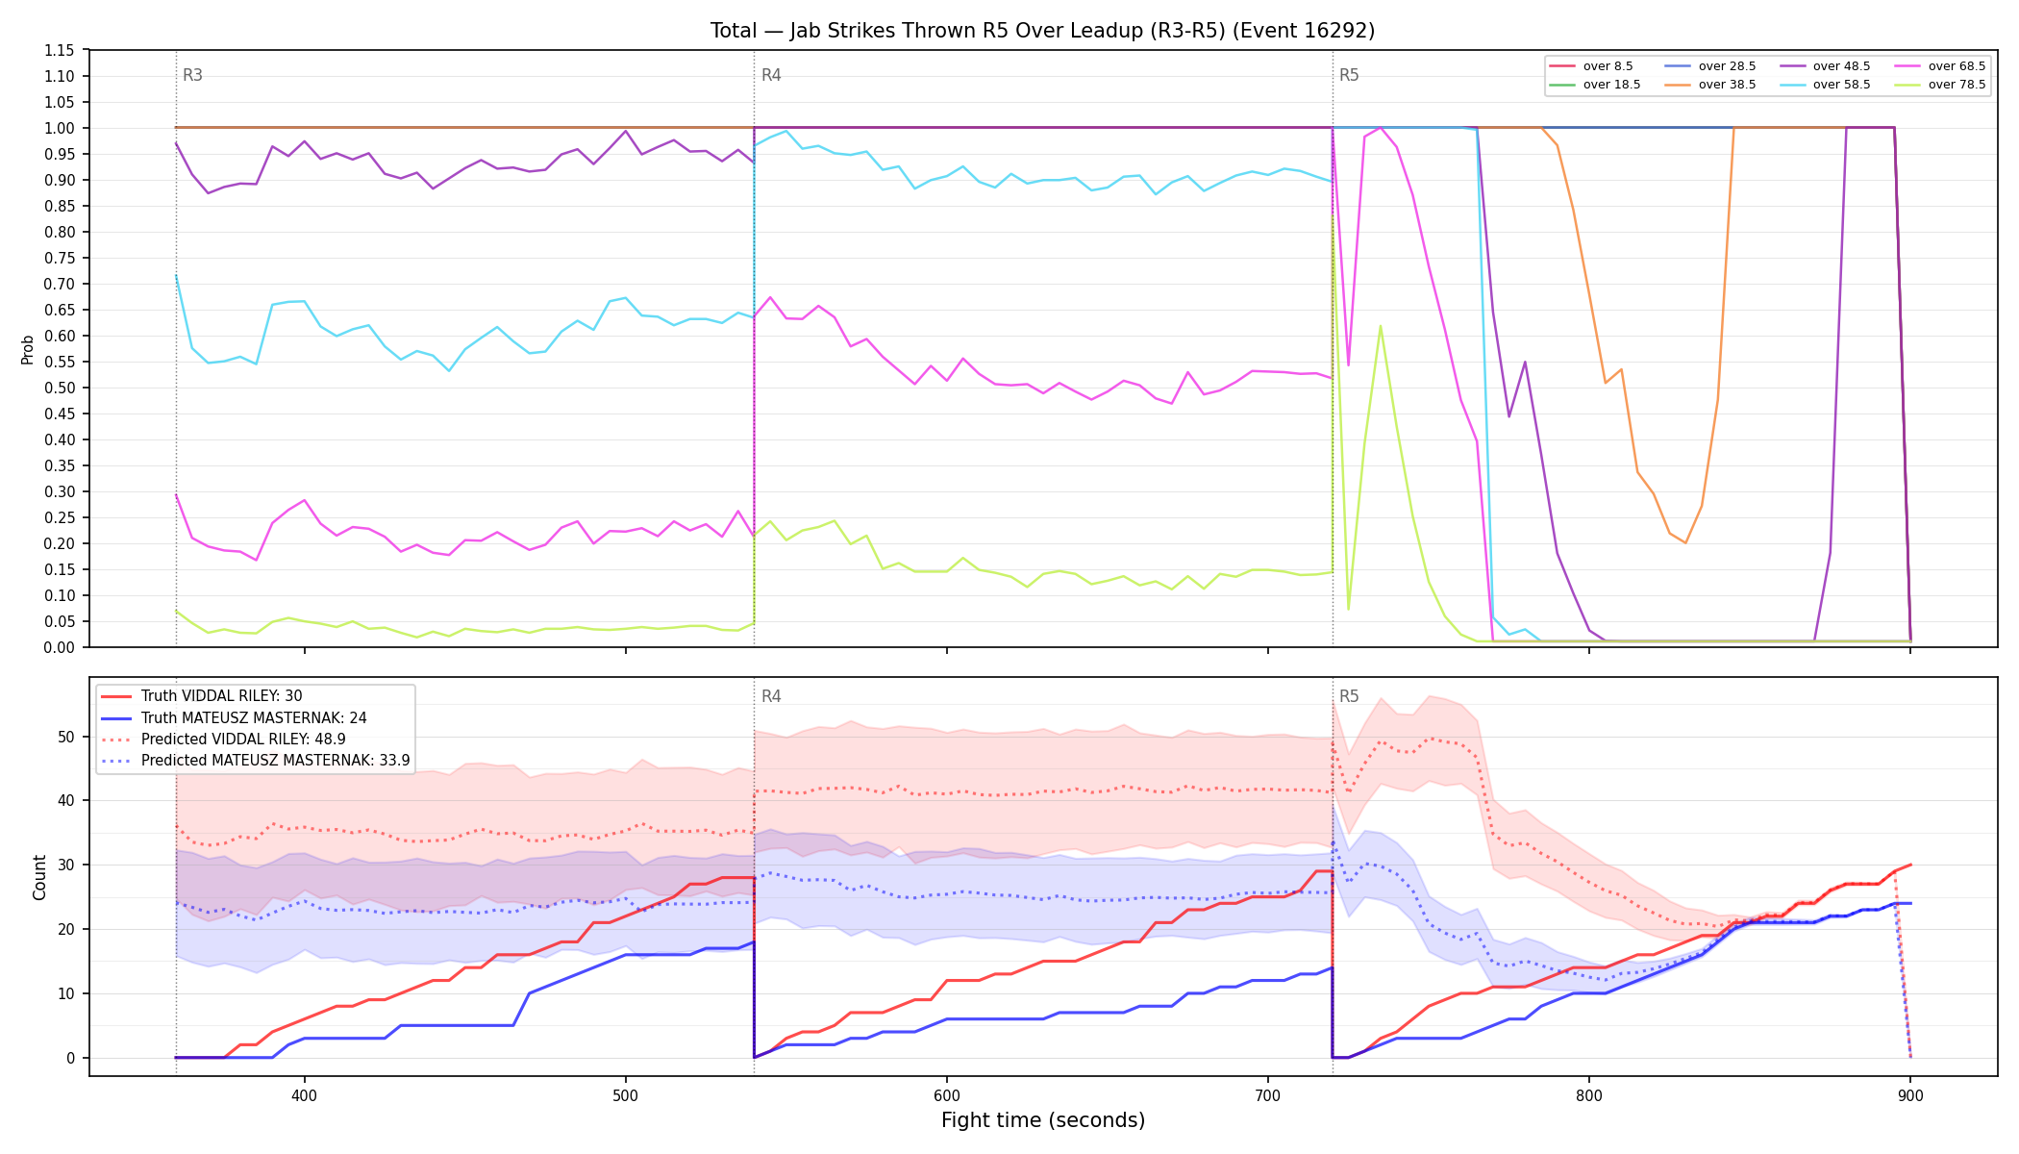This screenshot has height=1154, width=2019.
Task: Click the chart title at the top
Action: tap(1042, 31)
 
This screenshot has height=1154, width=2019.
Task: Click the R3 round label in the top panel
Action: tap(192, 75)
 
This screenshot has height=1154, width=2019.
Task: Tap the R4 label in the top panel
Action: tap(771, 75)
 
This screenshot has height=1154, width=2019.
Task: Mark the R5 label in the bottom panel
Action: tap(1349, 696)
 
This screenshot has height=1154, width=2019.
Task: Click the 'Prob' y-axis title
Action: tap(28, 349)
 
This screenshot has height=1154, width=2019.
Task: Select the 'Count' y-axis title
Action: tap(39, 877)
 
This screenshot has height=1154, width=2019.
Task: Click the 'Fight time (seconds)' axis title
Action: tap(1043, 1120)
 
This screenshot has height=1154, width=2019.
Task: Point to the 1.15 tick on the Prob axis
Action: tap(59, 50)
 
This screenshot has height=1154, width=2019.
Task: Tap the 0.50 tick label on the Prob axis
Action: tap(59, 388)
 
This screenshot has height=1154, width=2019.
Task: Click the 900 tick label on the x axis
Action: tap(1910, 1095)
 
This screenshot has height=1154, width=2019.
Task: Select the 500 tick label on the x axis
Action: tap(626, 1095)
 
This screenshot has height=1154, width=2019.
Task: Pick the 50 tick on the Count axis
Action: tap(66, 737)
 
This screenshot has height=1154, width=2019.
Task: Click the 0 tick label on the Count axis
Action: tap(70, 1058)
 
